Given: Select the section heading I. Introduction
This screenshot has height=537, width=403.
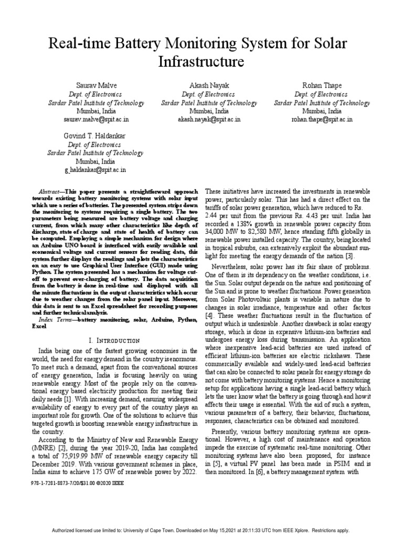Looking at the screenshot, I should point(115,340).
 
